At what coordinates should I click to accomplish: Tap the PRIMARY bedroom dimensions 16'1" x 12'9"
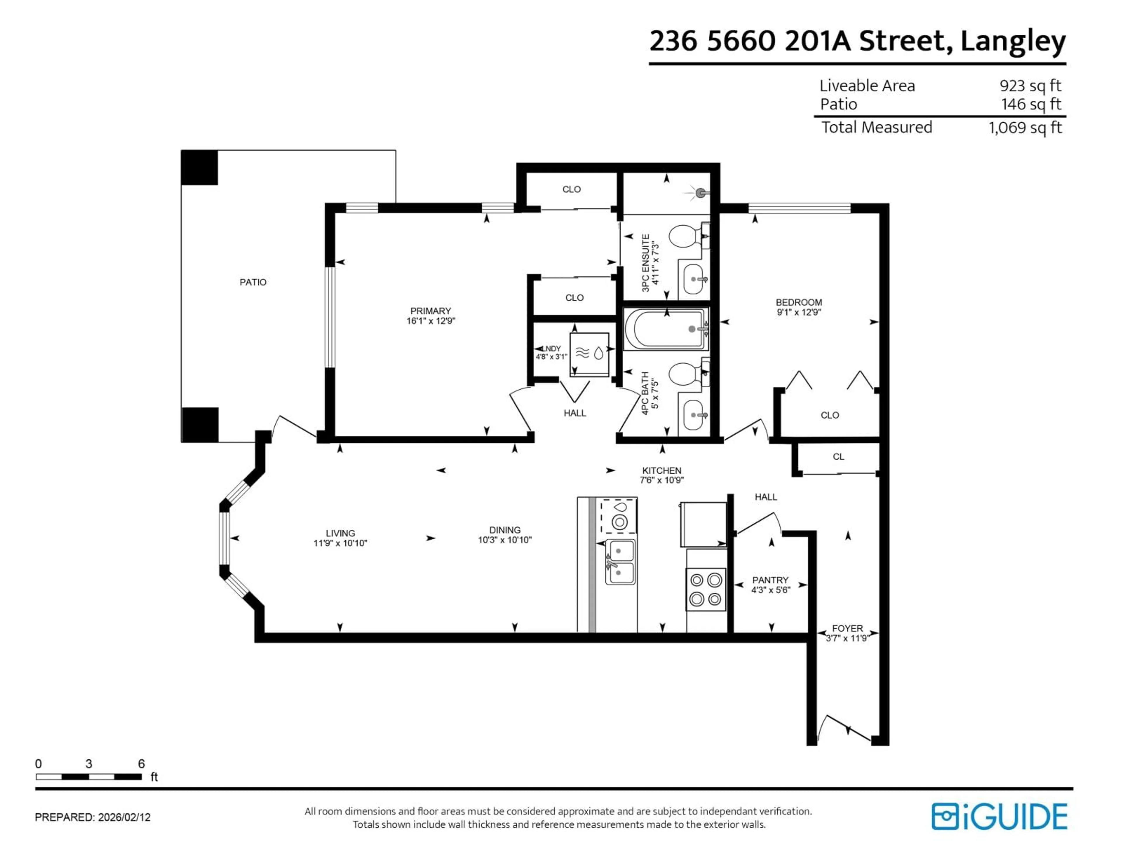pos(431,321)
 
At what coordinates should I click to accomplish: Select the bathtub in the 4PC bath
pos(666,329)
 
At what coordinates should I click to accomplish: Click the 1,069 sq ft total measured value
pos(1025,127)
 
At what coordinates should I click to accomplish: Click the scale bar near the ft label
pos(89,777)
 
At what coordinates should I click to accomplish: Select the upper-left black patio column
pos(199,167)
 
